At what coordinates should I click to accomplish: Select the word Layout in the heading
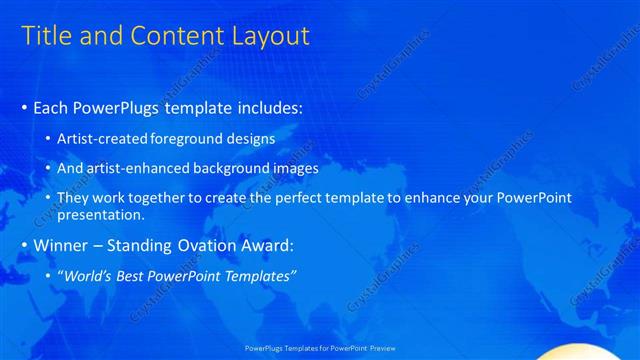pyautogui.click(x=270, y=37)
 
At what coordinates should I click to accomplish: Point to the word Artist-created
pyautogui.click(x=99, y=139)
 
